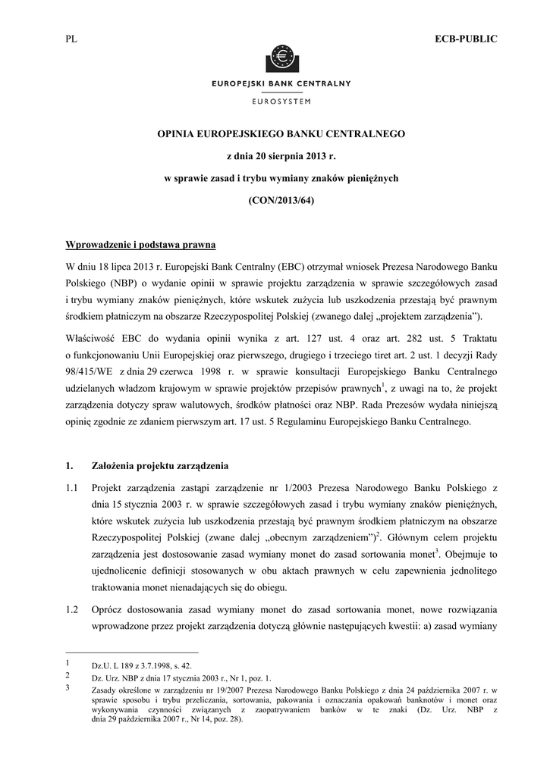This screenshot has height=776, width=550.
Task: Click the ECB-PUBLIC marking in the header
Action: click(465, 39)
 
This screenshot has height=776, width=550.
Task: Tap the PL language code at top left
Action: click(73, 39)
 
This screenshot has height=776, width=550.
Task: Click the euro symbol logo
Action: click(281, 57)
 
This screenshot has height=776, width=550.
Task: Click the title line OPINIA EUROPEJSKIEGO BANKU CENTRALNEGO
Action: click(281, 134)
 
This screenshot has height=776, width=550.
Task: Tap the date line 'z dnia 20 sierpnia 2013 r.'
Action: click(281, 156)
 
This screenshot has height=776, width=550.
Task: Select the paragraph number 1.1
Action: click(73, 486)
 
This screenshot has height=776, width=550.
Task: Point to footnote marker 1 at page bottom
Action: click(69, 662)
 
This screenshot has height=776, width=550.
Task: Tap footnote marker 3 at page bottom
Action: click(69, 687)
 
